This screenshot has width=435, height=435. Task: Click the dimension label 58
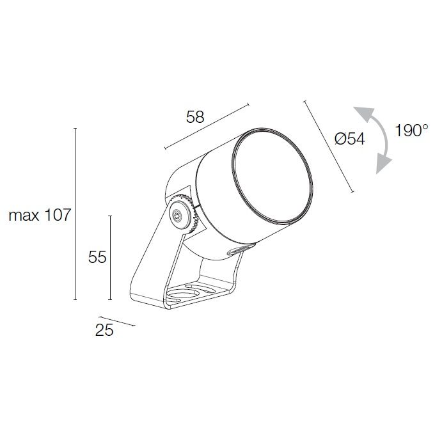pos(195,116)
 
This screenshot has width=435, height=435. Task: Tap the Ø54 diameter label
pos(349,138)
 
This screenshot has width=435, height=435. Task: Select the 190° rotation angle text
pos(412,130)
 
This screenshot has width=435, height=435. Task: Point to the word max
pos(24,216)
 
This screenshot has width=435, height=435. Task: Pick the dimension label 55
pos(97,257)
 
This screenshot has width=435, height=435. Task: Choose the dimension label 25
pos(104,330)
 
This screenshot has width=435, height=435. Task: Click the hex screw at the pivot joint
pos(177,215)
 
